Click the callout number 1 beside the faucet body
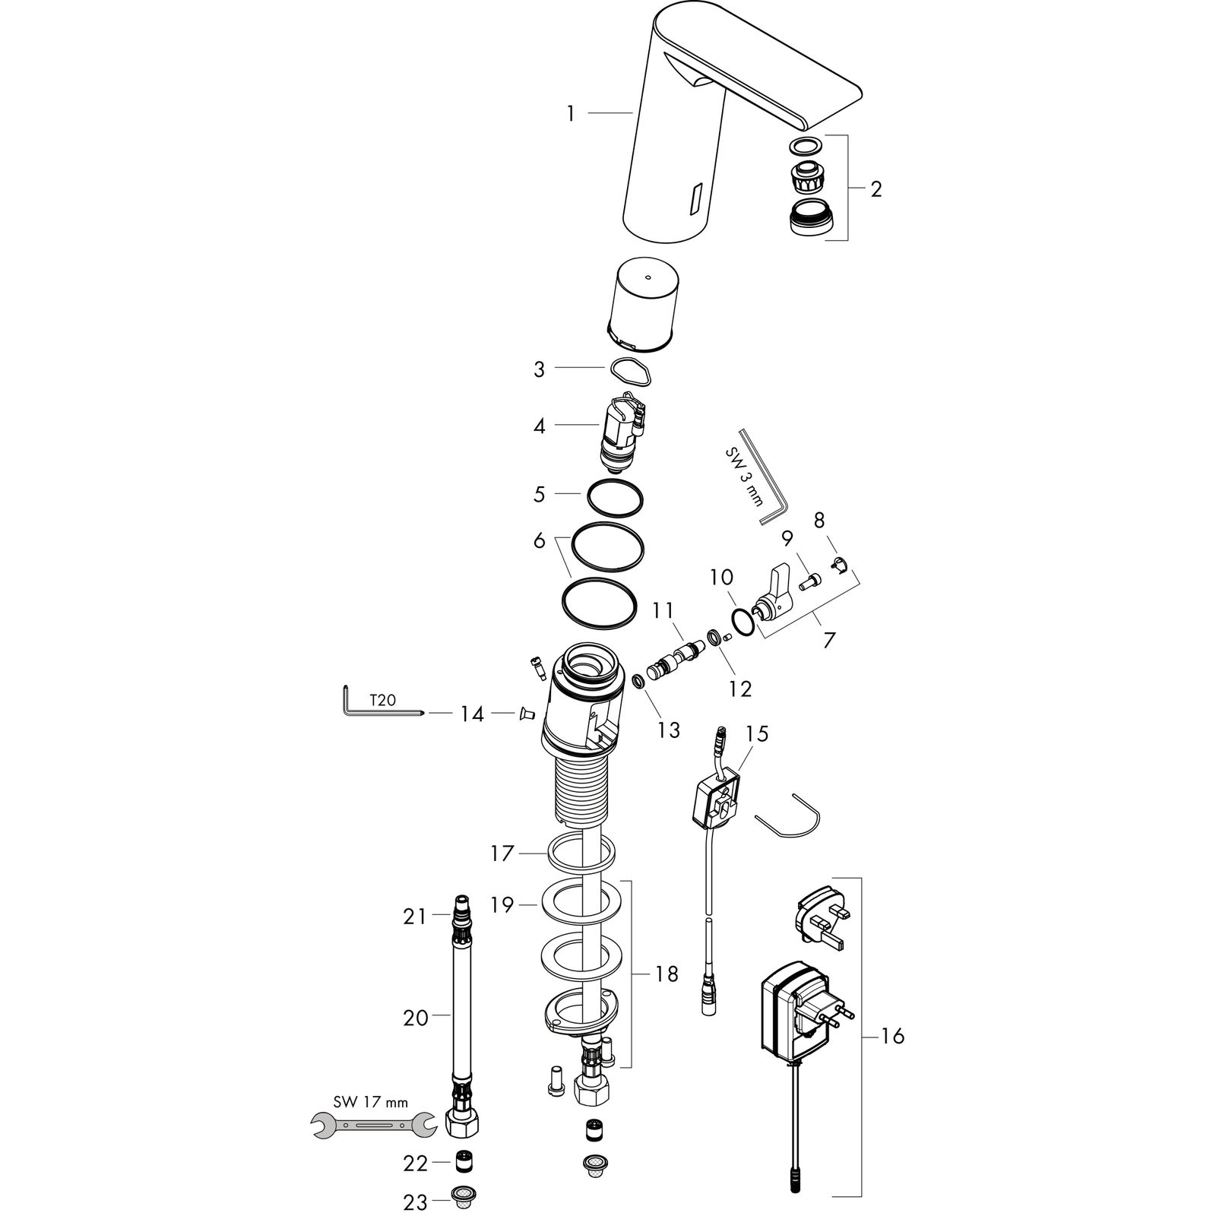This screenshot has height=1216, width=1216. [x=571, y=114]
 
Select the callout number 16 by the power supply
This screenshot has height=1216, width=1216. [x=893, y=1035]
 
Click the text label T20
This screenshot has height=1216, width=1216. [x=382, y=700]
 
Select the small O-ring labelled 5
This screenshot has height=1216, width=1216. [x=615, y=496]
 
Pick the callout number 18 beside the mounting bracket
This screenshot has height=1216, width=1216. [x=667, y=974]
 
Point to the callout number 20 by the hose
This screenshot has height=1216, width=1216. [x=416, y=1017]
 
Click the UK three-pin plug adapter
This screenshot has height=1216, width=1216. [x=819, y=921]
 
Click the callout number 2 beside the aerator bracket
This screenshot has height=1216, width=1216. [x=876, y=188]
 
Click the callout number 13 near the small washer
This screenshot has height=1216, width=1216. [x=670, y=730]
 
